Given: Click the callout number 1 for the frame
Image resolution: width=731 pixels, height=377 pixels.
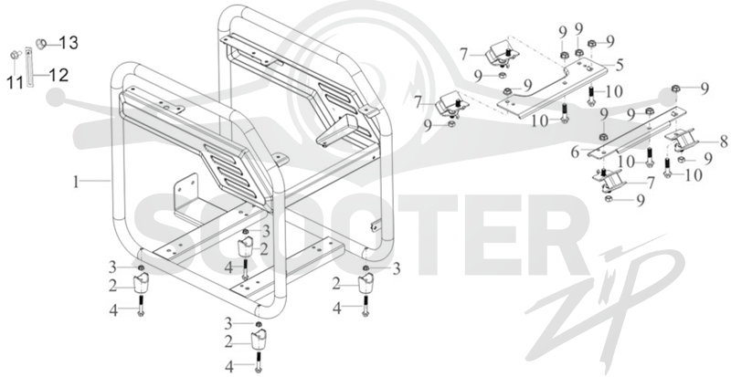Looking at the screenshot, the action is [77, 183].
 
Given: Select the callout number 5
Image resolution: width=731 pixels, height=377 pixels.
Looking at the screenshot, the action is [620, 64].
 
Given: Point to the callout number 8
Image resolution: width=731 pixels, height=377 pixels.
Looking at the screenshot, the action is [724, 141].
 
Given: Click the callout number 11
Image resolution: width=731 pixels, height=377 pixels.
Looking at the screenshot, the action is [15, 83].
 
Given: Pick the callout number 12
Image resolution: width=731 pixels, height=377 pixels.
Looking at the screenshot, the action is [58, 75].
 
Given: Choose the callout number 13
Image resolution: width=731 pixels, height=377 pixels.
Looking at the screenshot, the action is [69, 43].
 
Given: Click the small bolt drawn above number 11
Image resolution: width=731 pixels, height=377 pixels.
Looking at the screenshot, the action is [14, 55].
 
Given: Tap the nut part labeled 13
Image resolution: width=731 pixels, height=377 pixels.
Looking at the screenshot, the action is [41, 44].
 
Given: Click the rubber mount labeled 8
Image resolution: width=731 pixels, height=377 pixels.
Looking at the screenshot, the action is [682, 141].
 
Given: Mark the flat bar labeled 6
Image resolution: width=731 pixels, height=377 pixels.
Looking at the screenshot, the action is [637, 132].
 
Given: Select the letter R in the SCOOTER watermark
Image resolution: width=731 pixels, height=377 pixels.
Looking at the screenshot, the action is [559, 236].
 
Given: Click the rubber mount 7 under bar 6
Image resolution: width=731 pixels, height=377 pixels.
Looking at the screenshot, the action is [609, 180].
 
